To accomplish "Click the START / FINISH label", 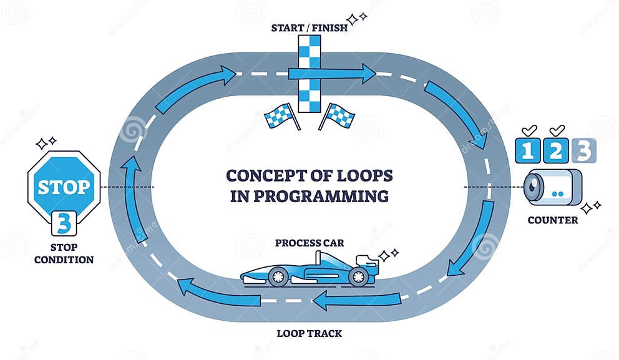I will (309, 27).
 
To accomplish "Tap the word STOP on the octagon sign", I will (64, 187).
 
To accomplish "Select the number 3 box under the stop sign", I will (64, 223).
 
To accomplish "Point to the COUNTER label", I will (552, 220).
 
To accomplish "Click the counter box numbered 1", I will (529, 151).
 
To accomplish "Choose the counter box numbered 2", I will (556, 151).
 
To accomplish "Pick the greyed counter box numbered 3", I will (583, 151).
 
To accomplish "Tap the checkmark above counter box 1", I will (529, 130).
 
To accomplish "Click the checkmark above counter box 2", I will (556, 130).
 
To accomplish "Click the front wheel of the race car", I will (358, 276).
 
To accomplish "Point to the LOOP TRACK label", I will (309, 333).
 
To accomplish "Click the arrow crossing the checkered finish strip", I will (331, 74).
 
